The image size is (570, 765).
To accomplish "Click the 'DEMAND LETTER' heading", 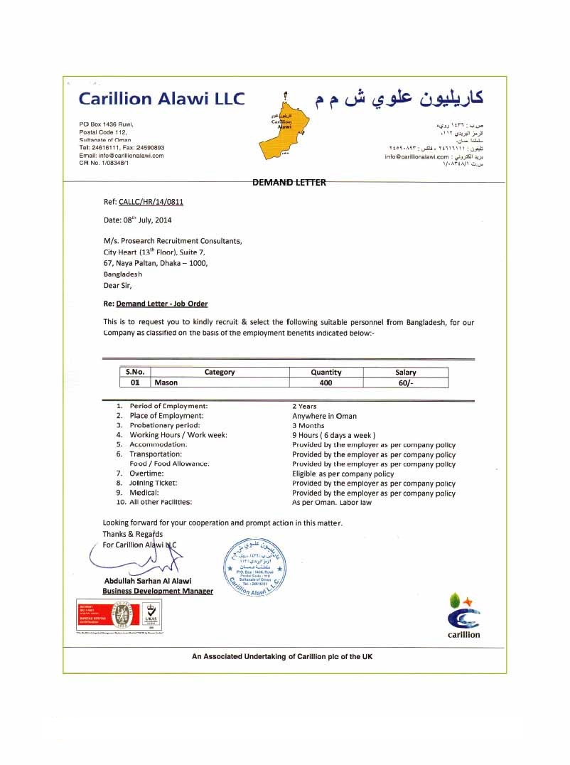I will pyautogui.click(x=289, y=182).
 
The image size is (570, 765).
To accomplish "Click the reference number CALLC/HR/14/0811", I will pyautogui.click(x=151, y=202).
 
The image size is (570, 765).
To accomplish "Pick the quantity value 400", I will pyautogui.click(x=326, y=382).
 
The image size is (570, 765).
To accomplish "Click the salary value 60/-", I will pyautogui.click(x=406, y=382).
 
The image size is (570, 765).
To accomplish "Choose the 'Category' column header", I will pyautogui.click(x=219, y=372).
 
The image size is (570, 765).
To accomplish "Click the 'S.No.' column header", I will pyautogui.click(x=135, y=372).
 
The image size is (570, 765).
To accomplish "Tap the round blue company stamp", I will pyautogui.click(x=255, y=566).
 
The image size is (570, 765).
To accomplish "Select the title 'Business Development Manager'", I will pyautogui.click(x=158, y=591).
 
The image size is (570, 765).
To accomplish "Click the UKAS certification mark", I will pyautogui.click(x=151, y=614).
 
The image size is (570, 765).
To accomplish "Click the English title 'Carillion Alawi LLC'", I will pyautogui.click(x=161, y=98).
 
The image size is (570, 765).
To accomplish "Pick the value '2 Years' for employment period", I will pyautogui.click(x=304, y=406).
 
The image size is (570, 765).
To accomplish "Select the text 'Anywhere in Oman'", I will pyautogui.click(x=324, y=416).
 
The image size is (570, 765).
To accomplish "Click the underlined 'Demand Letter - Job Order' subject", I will pyautogui.click(x=162, y=304).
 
